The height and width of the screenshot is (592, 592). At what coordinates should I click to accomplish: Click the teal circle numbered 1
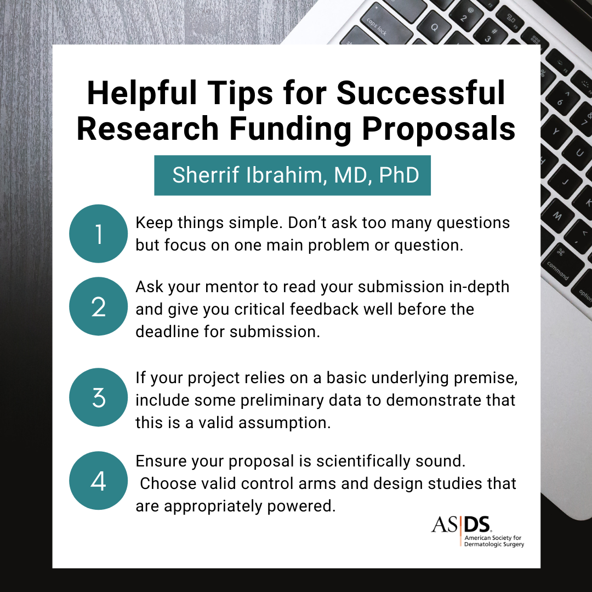(x=99, y=234)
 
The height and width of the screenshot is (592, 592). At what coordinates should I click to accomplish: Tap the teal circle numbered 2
(x=99, y=306)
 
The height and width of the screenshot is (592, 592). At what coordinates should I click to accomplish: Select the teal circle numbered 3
(x=99, y=397)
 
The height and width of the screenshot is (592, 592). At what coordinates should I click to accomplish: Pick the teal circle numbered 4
(x=99, y=481)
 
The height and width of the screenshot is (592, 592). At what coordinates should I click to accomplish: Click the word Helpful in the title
(x=142, y=94)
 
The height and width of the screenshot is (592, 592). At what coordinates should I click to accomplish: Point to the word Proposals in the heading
(x=439, y=129)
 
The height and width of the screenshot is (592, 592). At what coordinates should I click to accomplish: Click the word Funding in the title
(x=291, y=129)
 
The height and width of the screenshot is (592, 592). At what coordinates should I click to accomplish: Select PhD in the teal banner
(x=399, y=175)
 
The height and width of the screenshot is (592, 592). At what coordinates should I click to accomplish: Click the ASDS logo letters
(x=461, y=525)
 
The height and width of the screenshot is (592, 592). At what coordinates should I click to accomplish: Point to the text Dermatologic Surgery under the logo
(x=494, y=544)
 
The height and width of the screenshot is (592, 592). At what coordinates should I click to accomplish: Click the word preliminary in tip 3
(x=282, y=401)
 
